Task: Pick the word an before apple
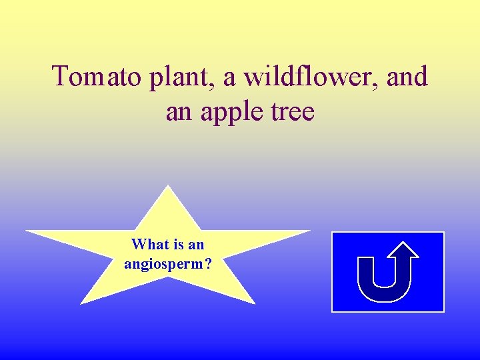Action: coord(178,112)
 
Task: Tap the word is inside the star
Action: coord(179,245)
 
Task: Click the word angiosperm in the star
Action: coord(164,264)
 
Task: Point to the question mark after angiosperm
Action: coord(209,264)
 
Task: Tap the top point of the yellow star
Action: coord(169,187)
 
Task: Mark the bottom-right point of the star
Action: coord(253,302)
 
